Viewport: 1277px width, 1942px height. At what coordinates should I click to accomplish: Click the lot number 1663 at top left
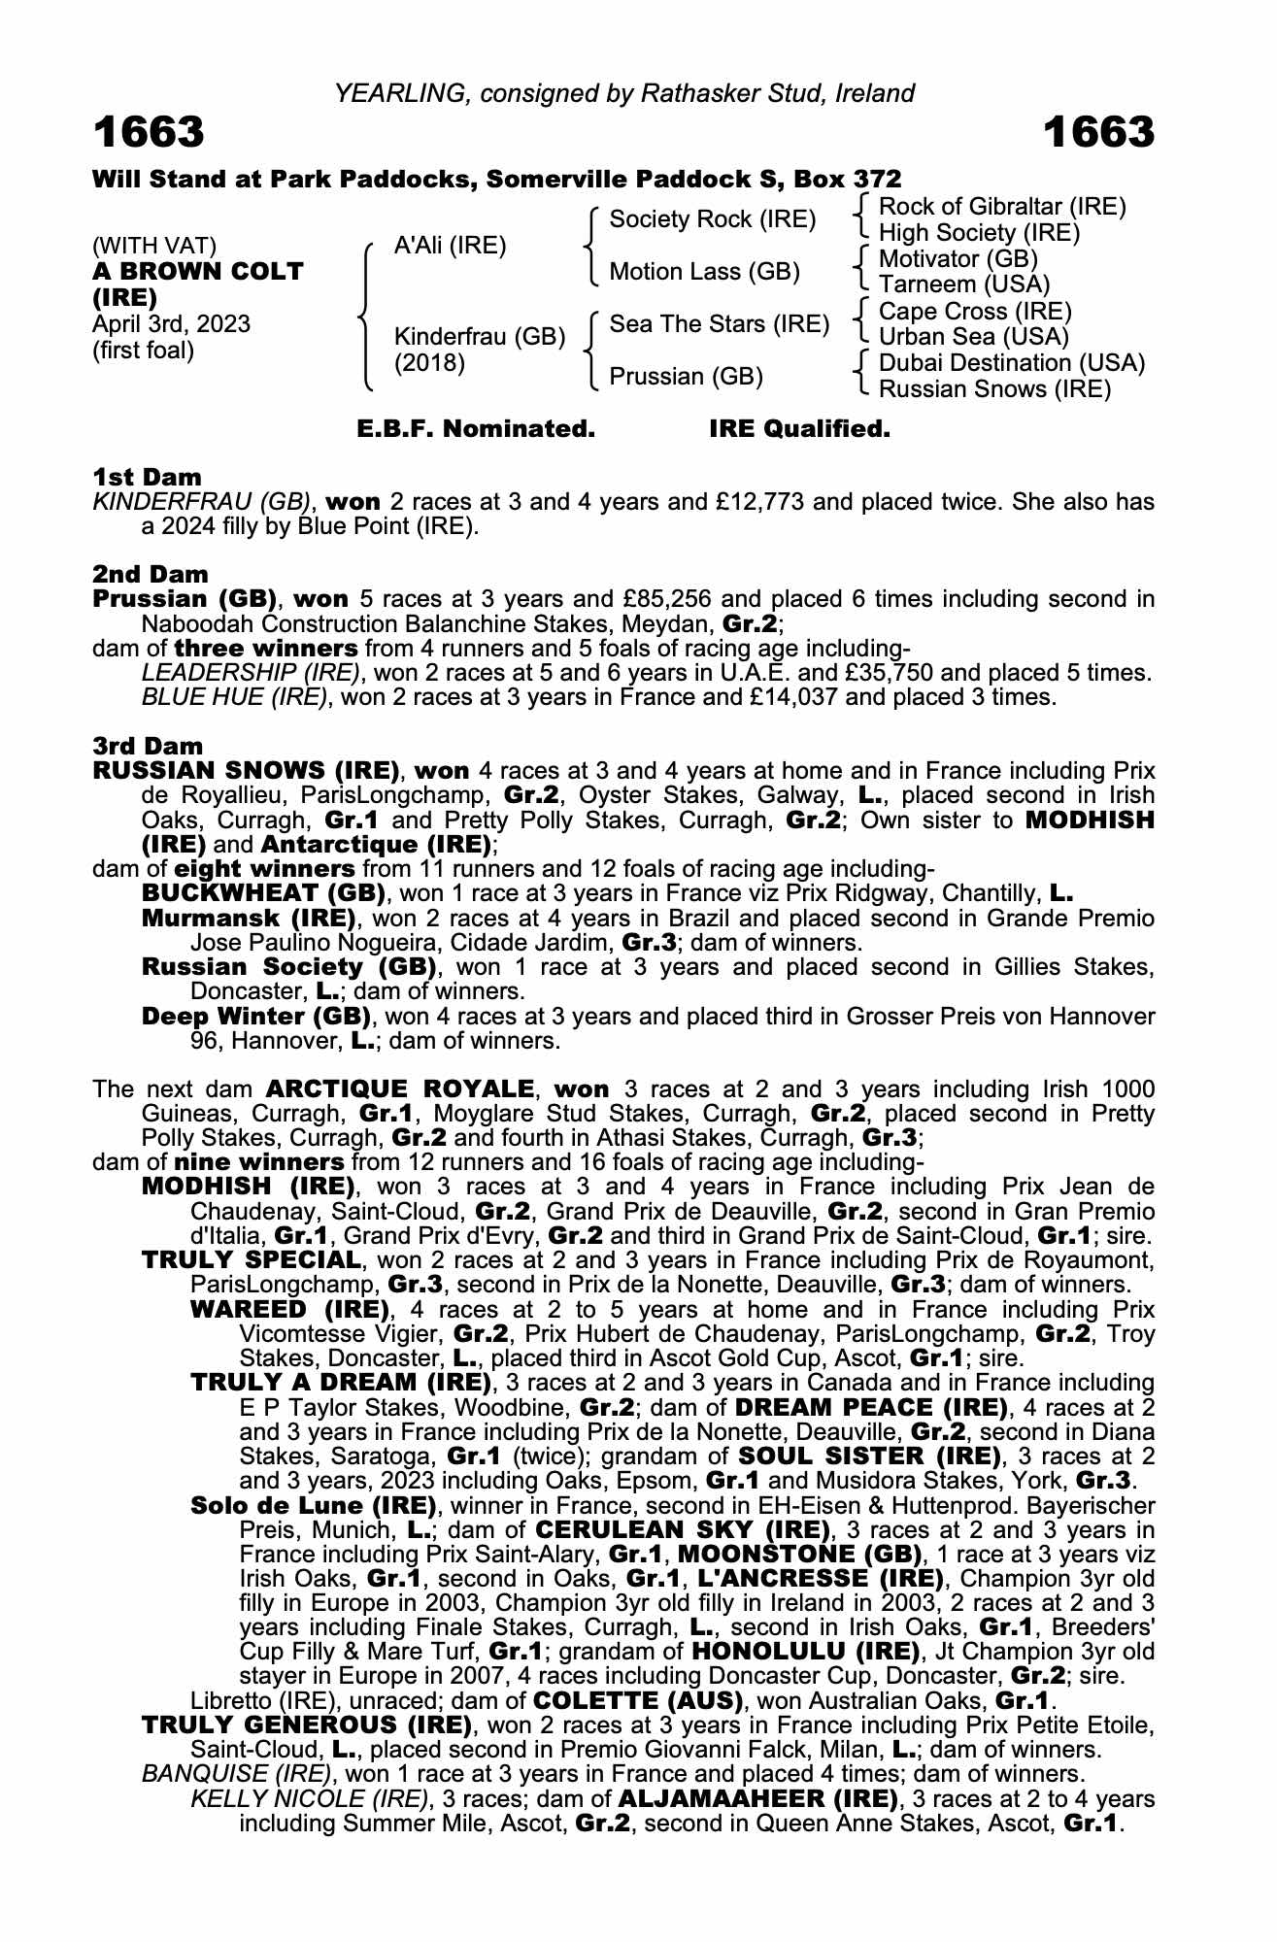point(149,132)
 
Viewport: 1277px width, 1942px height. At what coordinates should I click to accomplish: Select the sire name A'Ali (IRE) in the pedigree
point(450,246)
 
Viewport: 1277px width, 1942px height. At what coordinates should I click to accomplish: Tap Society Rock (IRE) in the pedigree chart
point(712,219)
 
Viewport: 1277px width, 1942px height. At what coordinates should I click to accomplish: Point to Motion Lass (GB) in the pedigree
point(704,272)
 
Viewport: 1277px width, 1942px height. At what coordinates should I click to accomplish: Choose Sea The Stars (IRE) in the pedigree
point(719,324)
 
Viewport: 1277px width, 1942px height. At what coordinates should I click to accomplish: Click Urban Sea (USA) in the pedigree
point(973,337)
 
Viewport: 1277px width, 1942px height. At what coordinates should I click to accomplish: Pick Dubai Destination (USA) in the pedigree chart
point(1011,363)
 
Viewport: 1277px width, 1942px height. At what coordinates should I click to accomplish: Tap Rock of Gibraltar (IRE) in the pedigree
point(1002,207)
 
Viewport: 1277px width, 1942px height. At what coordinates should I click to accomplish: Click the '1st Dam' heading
point(147,477)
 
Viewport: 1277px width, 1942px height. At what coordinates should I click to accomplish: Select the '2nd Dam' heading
point(150,574)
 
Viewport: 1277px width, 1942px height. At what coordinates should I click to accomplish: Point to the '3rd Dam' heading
point(148,746)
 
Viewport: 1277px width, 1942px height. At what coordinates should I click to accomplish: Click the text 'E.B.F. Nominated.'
point(476,429)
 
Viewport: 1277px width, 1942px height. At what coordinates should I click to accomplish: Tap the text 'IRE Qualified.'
point(799,429)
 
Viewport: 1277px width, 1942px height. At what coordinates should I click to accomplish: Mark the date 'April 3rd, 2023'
point(171,324)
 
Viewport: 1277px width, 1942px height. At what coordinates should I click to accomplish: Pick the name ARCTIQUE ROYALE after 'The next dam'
point(399,1089)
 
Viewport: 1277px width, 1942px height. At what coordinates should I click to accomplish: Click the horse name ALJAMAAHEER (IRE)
point(758,1799)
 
